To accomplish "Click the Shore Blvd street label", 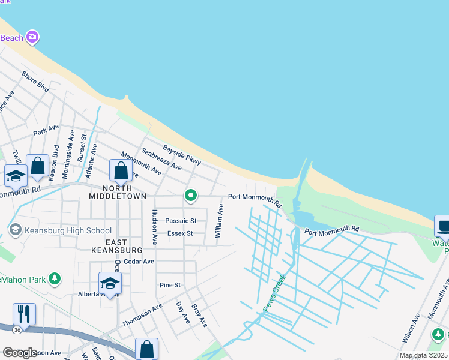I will click(35, 82).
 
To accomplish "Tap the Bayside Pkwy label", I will click(181, 155).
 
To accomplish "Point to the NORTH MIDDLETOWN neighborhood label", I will click(118, 191).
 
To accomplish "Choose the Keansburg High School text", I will click(68, 230).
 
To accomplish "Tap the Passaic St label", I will click(181, 221).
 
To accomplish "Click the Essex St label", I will click(180, 233).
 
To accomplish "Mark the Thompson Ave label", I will click(142, 315).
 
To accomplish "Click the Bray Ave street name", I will click(199, 316).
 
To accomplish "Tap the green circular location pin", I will click(191, 196).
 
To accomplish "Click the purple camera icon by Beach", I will click(32, 37).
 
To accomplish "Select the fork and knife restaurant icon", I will click(24, 314).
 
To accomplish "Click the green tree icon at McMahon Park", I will click(55, 279).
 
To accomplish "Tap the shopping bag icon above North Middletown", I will click(121, 170).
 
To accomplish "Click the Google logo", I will click(20, 352).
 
